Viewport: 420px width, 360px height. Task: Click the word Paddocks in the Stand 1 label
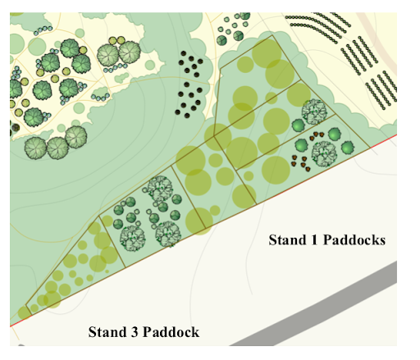coord(354,240)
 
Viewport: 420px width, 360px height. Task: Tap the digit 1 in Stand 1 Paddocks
coord(314,240)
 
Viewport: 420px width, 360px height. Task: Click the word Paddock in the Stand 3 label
coord(171,332)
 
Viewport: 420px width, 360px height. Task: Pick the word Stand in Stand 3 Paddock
coord(107,332)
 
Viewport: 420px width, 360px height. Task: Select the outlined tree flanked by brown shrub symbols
coord(324,153)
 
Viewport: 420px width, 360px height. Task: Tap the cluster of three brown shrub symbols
coord(317,134)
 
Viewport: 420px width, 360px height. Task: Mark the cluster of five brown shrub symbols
coord(301,163)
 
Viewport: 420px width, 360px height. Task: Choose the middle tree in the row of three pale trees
coord(57,148)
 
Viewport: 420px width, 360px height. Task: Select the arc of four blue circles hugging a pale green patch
coord(100,97)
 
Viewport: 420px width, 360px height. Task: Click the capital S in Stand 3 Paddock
coord(93,332)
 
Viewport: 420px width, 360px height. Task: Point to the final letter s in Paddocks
coord(382,242)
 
